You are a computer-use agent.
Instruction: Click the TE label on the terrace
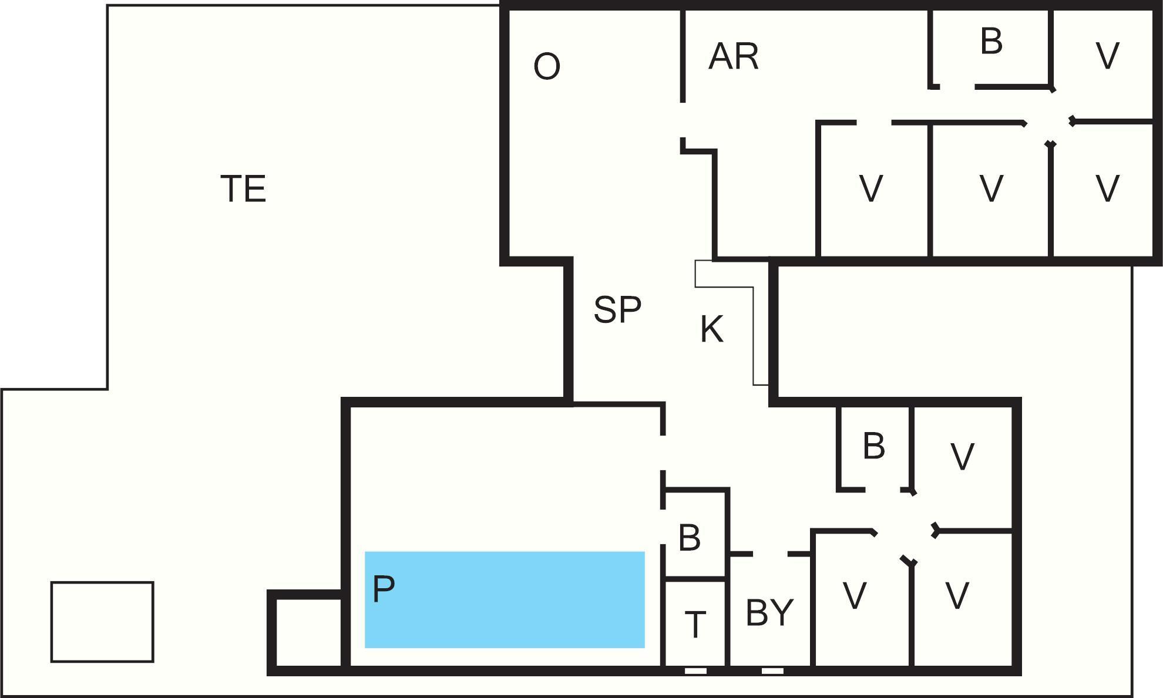click(243, 189)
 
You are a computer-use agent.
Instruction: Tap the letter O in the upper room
click(546, 66)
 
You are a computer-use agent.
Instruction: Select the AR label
click(734, 57)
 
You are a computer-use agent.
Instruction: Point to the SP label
click(617, 309)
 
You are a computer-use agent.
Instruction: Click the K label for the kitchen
click(712, 329)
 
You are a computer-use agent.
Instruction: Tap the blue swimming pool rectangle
click(505, 599)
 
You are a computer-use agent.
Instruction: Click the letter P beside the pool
click(384, 588)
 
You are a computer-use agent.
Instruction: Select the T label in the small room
click(695, 625)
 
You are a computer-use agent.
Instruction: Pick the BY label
click(769, 613)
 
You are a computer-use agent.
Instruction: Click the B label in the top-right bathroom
click(991, 42)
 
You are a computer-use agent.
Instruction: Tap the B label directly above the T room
click(690, 537)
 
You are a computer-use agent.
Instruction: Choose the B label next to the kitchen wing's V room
click(874, 446)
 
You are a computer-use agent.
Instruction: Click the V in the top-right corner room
click(1108, 56)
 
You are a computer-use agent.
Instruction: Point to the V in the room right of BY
click(855, 596)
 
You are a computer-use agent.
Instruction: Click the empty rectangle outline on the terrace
click(102, 622)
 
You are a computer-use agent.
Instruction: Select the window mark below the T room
click(695, 670)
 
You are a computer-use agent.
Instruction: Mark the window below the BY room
click(772, 670)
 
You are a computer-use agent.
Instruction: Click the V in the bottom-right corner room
click(957, 596)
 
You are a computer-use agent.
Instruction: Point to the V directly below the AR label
click(871, 188)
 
